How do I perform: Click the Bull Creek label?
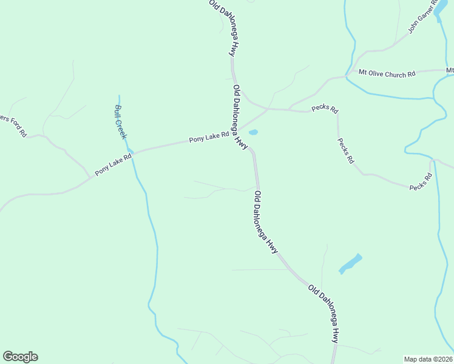120,122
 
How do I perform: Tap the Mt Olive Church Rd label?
387,73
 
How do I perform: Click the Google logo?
20,357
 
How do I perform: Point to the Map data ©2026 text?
429,359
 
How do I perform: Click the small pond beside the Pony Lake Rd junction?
253,132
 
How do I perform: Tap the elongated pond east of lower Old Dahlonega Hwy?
350,263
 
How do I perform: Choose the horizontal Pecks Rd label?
325,109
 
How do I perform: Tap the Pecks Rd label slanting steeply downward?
345,150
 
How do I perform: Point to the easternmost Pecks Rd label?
420,183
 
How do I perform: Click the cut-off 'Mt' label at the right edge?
450,71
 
